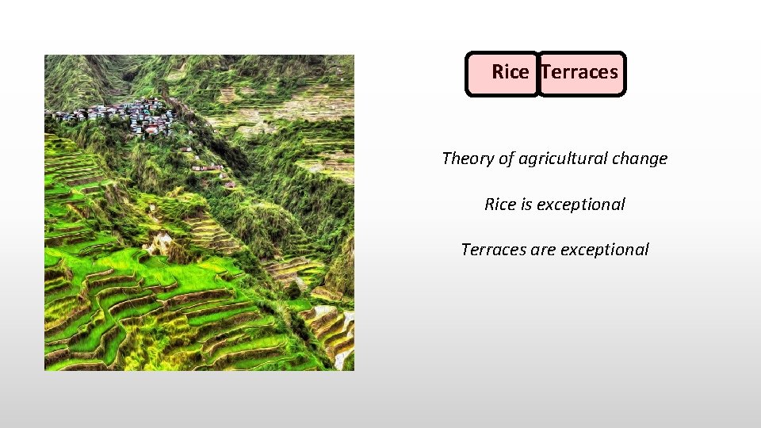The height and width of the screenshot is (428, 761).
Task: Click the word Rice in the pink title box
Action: (x=510, y=72)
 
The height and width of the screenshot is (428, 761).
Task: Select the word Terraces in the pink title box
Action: (x=580, y=72)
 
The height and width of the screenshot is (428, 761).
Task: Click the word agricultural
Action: (x=565, y=159)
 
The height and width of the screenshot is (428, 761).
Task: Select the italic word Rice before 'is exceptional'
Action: (x=500, y=204)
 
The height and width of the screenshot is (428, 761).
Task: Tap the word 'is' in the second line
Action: (x=526, y=204)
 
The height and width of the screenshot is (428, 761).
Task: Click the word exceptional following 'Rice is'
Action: (x=581, y=204)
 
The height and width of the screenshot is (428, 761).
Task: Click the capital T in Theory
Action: (x=446, y=159)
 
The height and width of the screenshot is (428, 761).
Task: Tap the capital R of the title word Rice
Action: (x=497, y=72)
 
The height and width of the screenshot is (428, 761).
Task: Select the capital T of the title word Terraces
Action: (x=546, y=72)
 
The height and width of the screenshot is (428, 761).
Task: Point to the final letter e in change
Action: (x=663, y=159)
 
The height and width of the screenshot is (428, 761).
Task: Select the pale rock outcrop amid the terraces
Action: (x=162, y=242)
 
